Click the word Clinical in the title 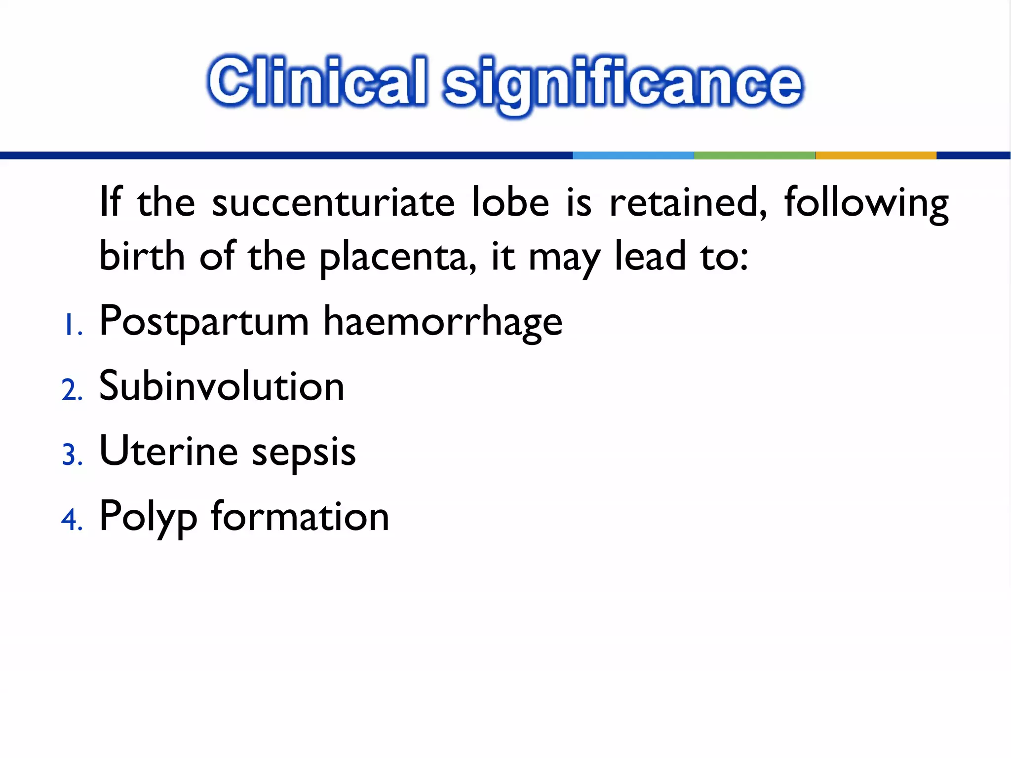coord(317,82)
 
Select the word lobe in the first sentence coord(510,202)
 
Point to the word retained coord(688,202)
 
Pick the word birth coord(142,256)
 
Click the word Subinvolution coord(221,386)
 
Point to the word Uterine coord(168,451)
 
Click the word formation coord(300,516)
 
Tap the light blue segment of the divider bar coord(633,155)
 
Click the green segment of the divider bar coord(754,155)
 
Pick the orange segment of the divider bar coord(875,155)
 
